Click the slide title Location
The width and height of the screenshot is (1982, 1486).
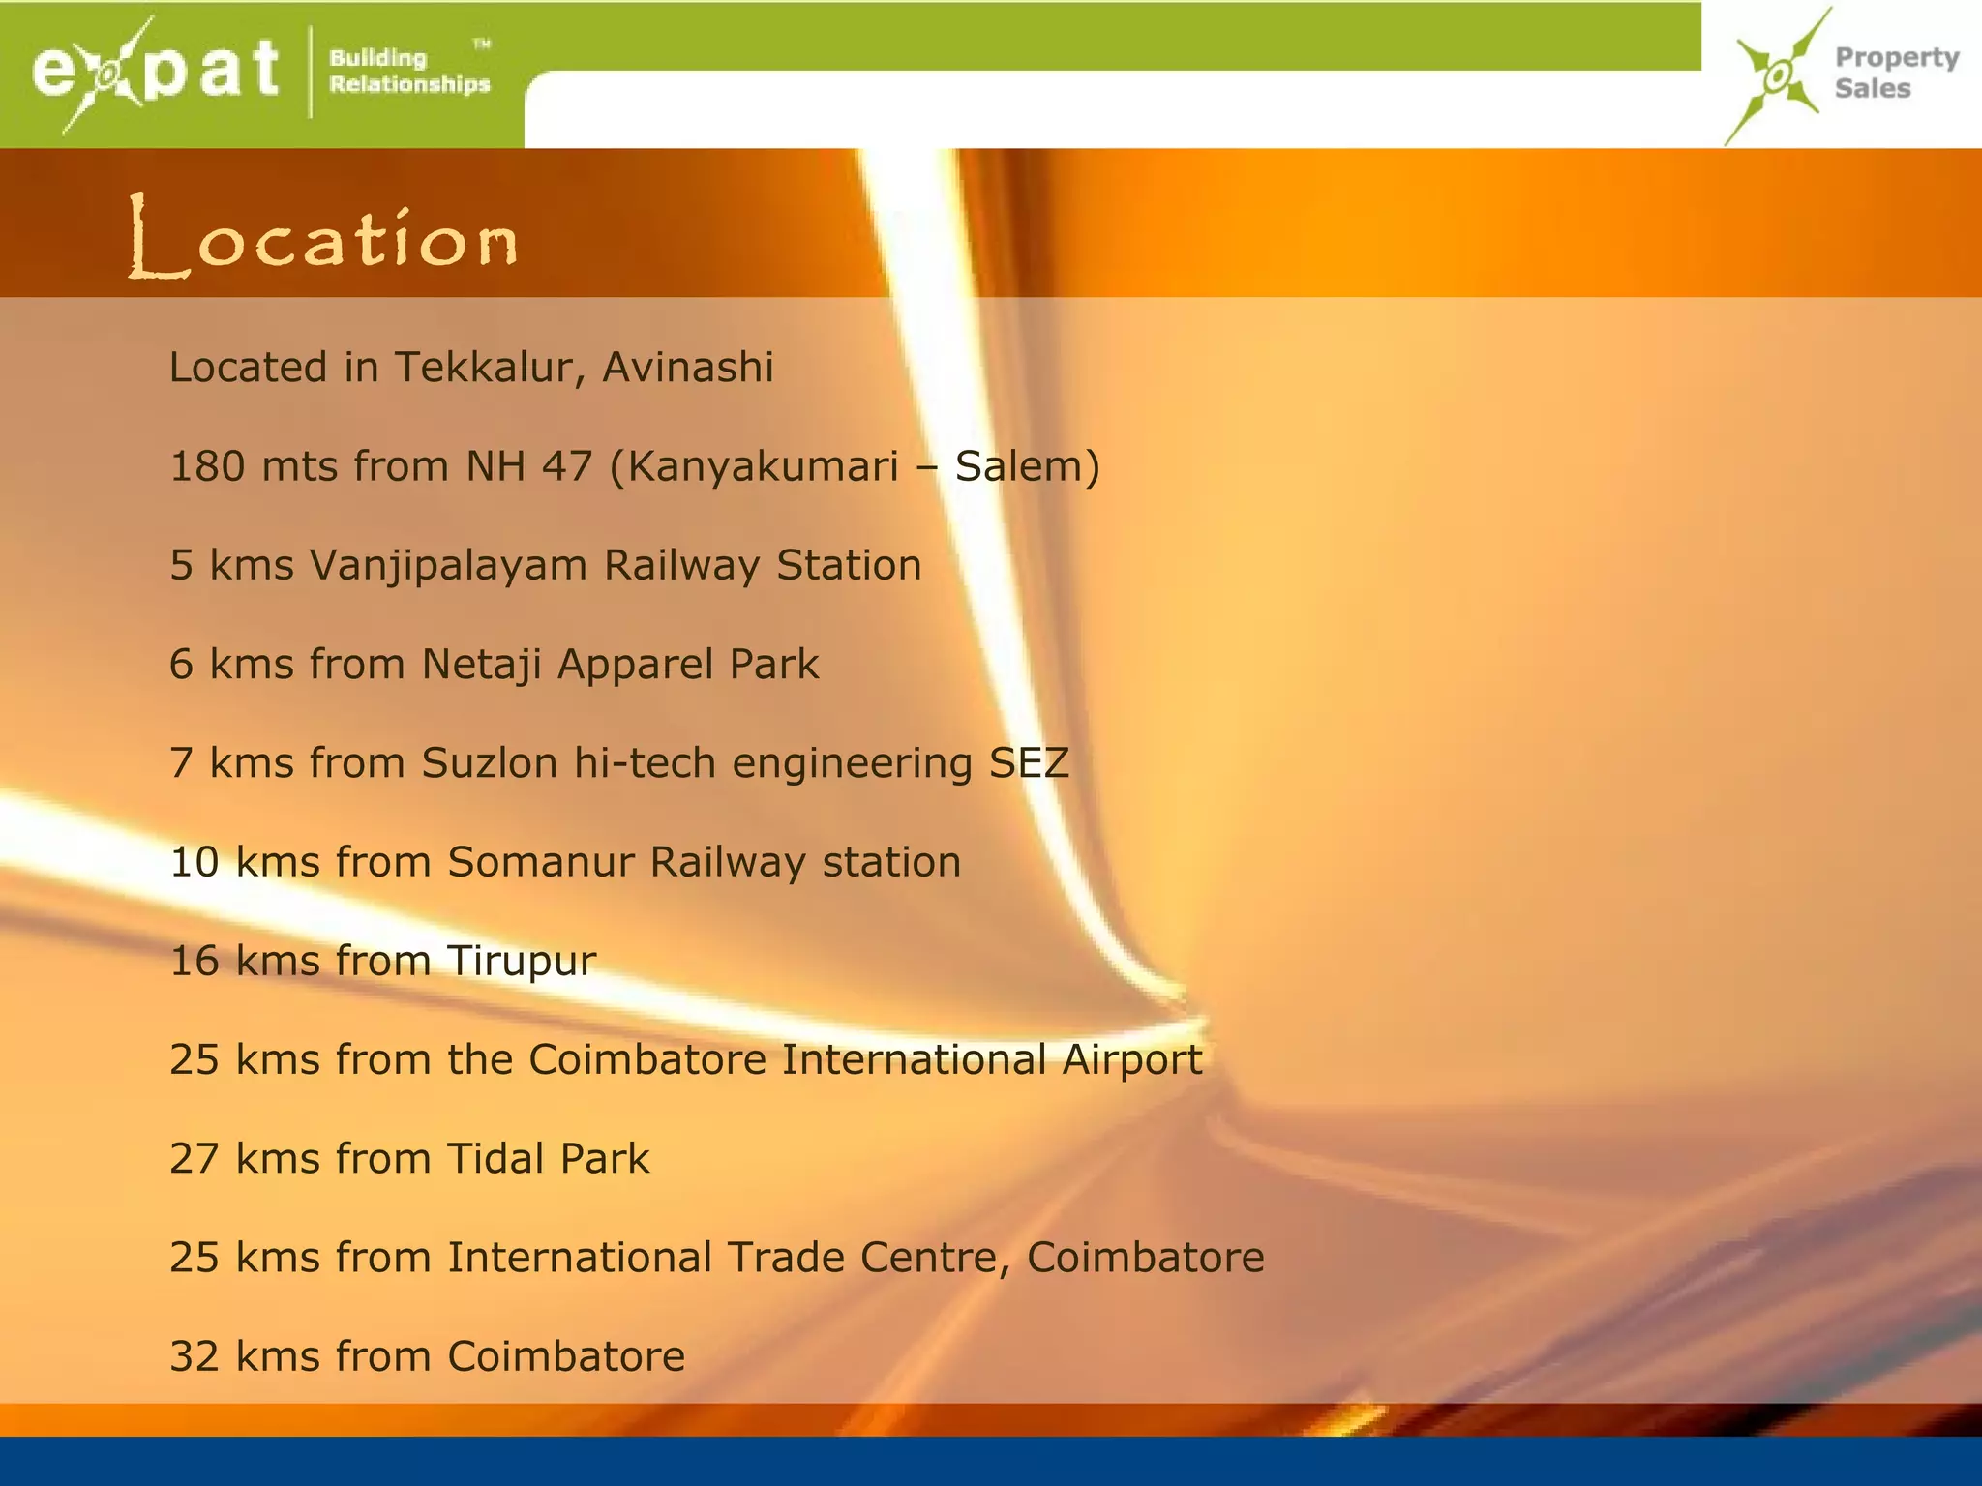point(323,237)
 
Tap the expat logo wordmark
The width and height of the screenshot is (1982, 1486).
point(155,72)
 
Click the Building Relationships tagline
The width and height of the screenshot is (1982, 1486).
point(408,72)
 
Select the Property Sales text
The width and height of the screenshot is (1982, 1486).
point(1896,73)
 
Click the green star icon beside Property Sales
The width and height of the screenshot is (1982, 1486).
point(1776,76)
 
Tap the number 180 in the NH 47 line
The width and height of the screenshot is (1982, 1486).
point(207,466)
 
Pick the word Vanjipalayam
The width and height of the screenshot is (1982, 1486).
point(448,566)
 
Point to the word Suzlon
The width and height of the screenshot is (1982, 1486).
point(489,763)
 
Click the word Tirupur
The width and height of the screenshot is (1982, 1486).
point(521,962)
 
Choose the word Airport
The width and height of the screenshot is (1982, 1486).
point(1131,1060)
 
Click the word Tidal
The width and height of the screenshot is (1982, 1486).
point(494,1159)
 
